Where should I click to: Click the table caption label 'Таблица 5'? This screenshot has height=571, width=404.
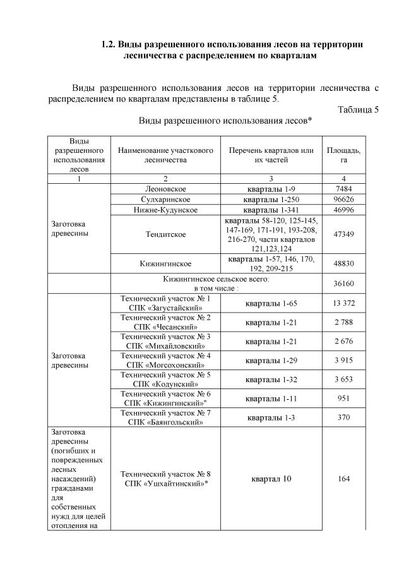358,109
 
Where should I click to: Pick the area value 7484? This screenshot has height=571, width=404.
343,189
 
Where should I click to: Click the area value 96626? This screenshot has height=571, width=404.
343,200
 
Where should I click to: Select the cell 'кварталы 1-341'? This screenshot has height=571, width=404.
271,210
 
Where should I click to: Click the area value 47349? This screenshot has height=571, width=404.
343,234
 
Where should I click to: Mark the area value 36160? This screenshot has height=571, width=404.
343,283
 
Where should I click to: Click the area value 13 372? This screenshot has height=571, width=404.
343,303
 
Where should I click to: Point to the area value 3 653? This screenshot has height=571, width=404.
343,379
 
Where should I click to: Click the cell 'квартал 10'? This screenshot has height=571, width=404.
271,479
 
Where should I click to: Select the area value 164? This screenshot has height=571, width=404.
343,479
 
